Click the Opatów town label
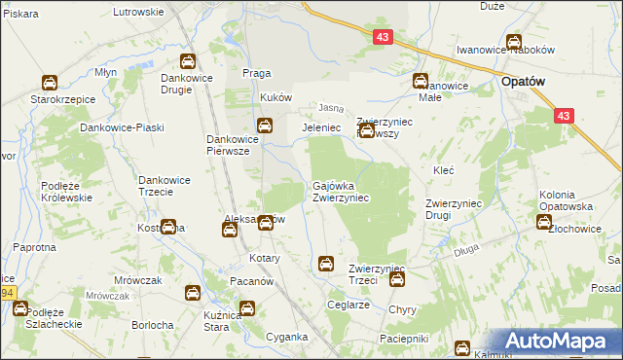coord(527,83)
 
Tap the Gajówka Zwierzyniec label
coord(340,191)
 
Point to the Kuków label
coord(276,98)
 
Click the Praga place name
coord(255,74)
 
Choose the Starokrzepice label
coord(50,99)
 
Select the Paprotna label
coord(35,247)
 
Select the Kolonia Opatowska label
coord(570,201)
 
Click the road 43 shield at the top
coord(383,36)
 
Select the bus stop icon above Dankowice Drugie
coord(187,61)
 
